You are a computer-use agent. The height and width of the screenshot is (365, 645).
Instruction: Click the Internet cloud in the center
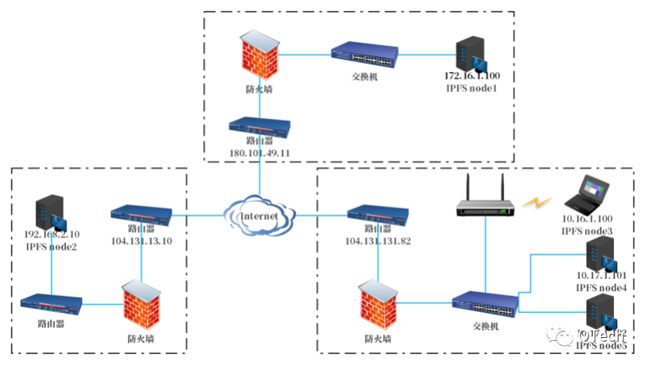pyautogui.click(x=259, y=215)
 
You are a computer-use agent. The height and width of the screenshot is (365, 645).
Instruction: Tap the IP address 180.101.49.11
pyautogui.click(x=259, y=153)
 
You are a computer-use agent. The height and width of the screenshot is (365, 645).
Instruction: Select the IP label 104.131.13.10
pyautogui.click(x=140, y=241)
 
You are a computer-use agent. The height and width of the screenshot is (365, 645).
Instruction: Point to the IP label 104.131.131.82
pyautogui.click(x=378, y=241)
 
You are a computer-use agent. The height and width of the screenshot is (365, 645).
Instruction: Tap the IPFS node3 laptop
pyautogui.click(x=588, y=193)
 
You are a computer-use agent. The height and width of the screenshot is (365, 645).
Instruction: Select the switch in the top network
pyautogui.click(x=364, y=56)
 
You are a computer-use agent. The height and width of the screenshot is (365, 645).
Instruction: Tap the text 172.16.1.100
pyautogui.click(x=471, y=77)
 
